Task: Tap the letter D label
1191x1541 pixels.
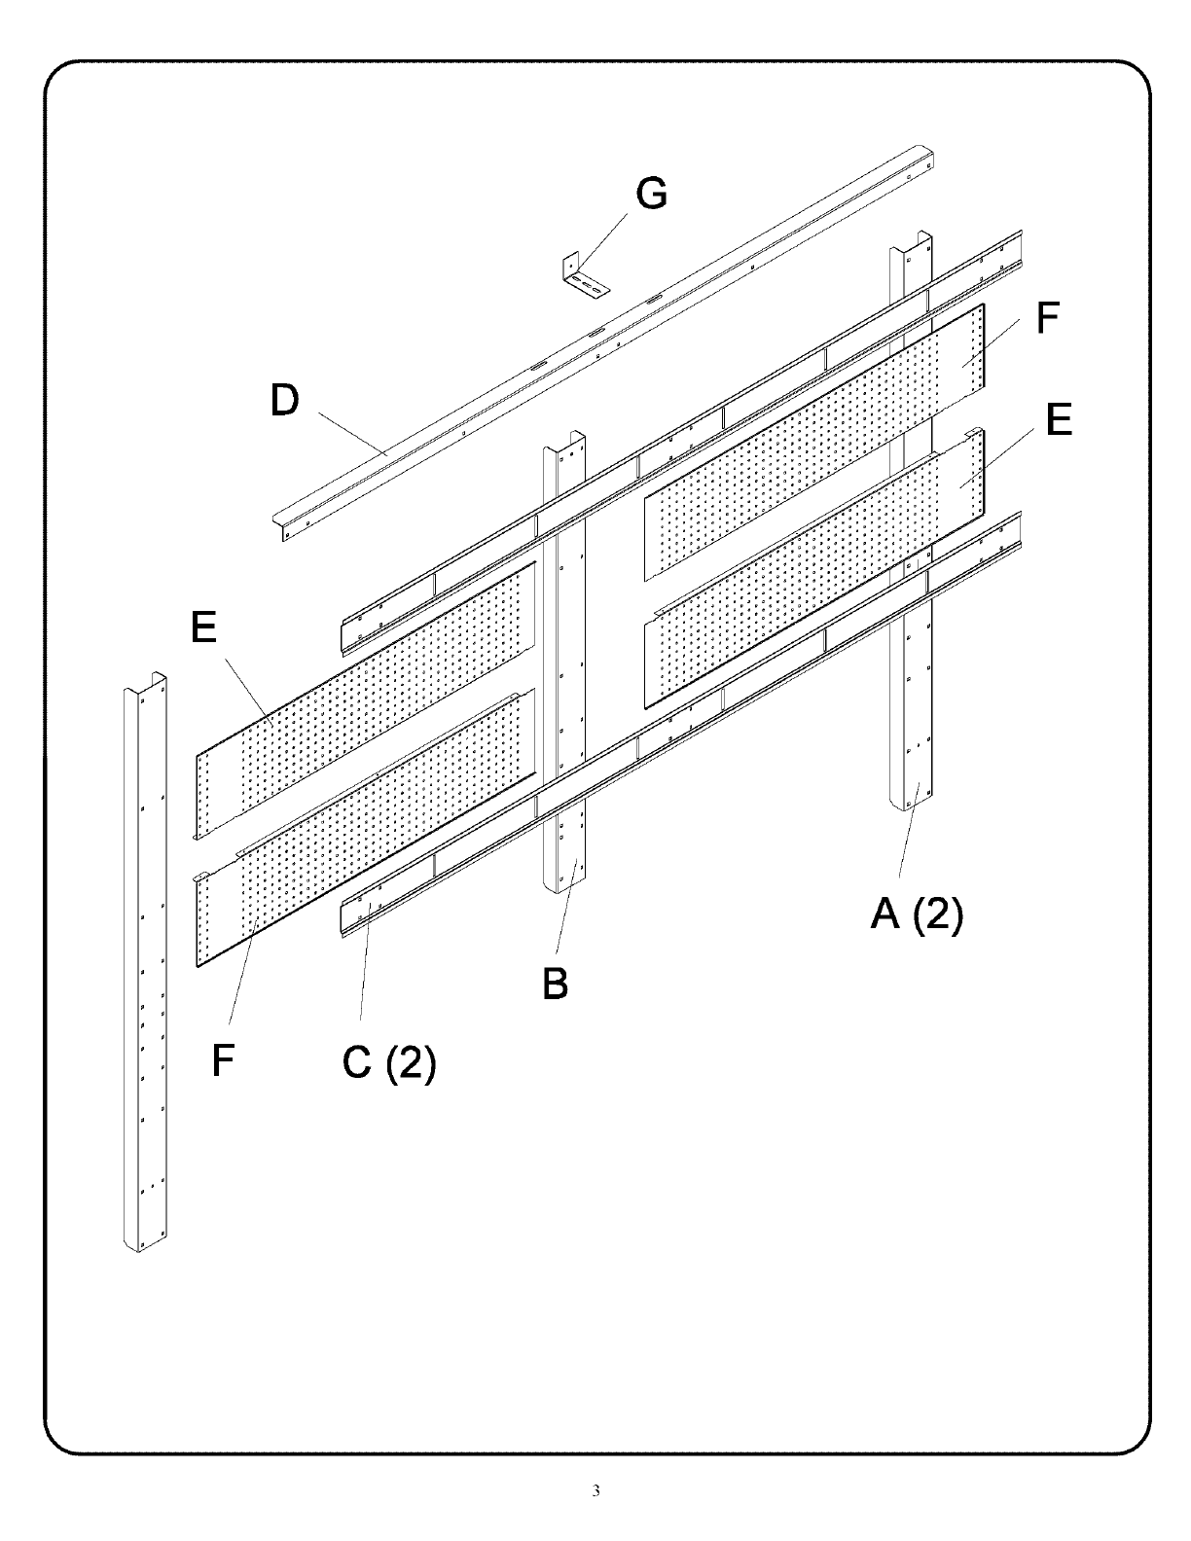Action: [x=284, y=400]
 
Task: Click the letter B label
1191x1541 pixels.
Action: [x=556, y=985]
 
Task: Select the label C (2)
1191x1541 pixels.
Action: [x=389, y=1062]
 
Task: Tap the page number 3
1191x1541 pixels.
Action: [x=595, y=1491]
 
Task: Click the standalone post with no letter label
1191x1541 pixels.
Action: [x=145, y=963]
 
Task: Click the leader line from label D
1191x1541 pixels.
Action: [x=350, y=434]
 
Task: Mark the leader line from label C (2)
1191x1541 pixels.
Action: [x=365, y=963]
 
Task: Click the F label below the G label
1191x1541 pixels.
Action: [x=1047, y=319]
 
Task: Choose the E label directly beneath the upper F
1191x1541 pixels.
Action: [x=1059, y=421]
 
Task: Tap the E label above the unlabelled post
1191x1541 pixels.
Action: [x=203, y=627]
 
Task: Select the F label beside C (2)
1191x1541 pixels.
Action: [x=223, y=1061]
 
